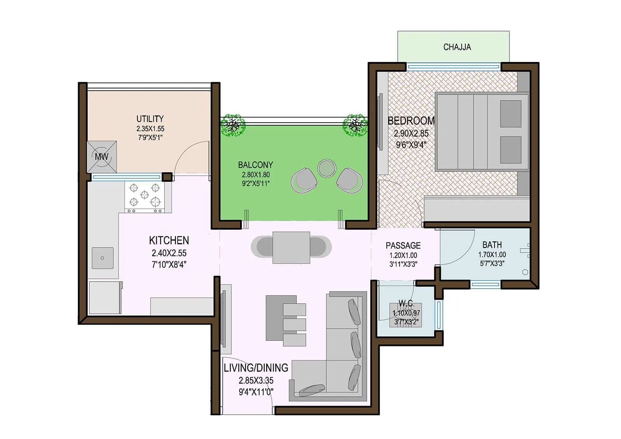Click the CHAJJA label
click(x=457, y=47)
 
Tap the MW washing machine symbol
click(x=102, y=157)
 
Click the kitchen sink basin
click(x=102, y=258)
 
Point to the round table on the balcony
click(x=326, y=168)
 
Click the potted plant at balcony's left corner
click(x=233, y=124)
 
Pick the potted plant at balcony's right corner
click(x=354, y=125)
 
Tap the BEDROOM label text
click(x=411, y=121)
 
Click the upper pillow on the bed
click(x=510, y=114)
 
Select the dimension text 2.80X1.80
click(x=255, y=175)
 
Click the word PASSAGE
click(x=403, y=245)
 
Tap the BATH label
click(x=492, y=245)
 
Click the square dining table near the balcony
click(x=291, y=247)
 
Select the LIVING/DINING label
click(x=256, y=368)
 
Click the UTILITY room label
click(x=150, y=119)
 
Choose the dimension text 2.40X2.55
click(x=169, y=253)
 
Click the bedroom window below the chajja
click(x=453, y=67)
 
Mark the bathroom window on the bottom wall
click(x=485, y=285)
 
